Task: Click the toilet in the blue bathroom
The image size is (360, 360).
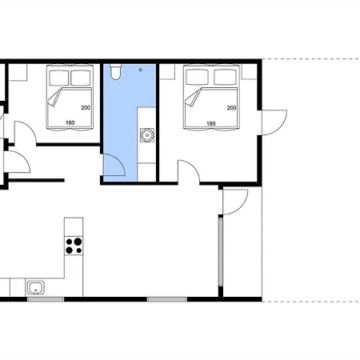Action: tap(116, 72)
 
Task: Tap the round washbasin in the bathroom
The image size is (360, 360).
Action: tap(147, 135)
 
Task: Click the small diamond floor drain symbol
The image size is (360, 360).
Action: tap(141, 70)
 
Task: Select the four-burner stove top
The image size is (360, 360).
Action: tap(74, 246)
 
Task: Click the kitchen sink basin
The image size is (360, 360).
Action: tap(36, 288)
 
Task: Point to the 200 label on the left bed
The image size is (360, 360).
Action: tap(86, 108)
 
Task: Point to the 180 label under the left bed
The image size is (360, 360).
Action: tap(70, 122)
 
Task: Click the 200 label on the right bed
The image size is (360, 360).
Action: tap(231, 108)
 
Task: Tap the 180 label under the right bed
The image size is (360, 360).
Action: tap(210, 123)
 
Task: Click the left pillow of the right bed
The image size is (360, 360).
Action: tap(197, 77)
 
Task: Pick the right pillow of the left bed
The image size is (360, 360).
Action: tap(80, 78)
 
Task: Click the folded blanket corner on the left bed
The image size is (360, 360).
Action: tap(54, 98)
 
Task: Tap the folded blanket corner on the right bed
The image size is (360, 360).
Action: tap(193, 98)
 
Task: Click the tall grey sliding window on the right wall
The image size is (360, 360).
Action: tap(221, 252)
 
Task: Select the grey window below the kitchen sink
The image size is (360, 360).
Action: tap(46, 299)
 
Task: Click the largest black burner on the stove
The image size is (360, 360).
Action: tap(78, 242)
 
